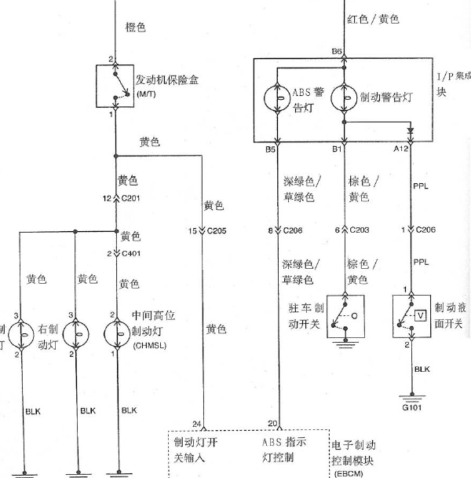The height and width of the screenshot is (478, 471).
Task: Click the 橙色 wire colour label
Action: [136, 28]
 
